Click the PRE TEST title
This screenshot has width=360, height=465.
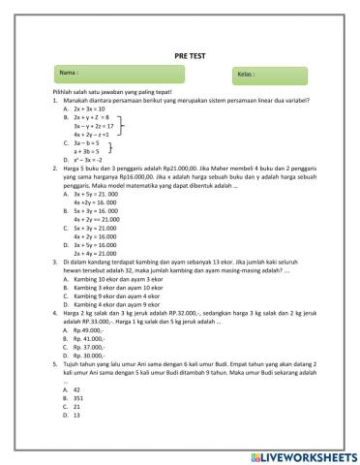click(x=179, y=56)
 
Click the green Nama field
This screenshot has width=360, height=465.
click(x=110, y=74)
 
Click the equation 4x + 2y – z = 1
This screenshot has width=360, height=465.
click(x=93, y=134)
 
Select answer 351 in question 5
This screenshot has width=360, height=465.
click(x=78, y=397)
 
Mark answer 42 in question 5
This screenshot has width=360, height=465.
click(x=76, y=388)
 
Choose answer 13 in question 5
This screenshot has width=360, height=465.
click(x=76, y=415)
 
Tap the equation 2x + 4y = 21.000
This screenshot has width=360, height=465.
click(x=96, y=252)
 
